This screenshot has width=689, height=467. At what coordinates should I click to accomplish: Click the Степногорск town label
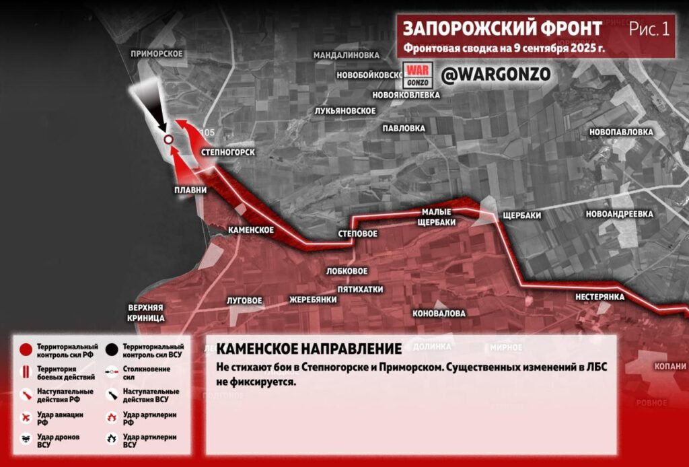pos(227,153)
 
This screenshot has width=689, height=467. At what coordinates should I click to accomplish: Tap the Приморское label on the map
pos(157,54)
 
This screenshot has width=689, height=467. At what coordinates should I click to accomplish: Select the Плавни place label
pos(190,190)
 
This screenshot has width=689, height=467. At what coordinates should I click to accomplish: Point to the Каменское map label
pos(251,230)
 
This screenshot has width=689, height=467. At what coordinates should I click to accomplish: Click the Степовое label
pos(357,234)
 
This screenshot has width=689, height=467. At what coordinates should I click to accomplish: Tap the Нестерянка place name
pos(600,297)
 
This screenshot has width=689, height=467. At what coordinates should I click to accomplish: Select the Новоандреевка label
pos(619,214)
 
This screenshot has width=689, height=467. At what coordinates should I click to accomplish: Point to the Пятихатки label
pos(360,289)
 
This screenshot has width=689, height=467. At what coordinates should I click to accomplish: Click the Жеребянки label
pos(313,299)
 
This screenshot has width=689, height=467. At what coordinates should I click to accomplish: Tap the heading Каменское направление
pos(310,349)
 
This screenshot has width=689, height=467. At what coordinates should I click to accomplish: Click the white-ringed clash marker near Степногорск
pos(168,139)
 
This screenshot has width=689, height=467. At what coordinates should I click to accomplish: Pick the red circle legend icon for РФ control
pos(26,350)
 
